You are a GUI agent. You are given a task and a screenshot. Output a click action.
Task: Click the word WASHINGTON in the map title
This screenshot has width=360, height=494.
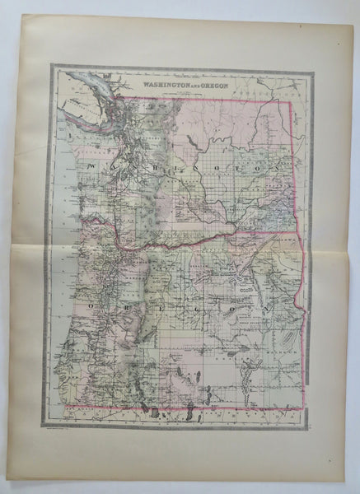coord(162,83)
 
